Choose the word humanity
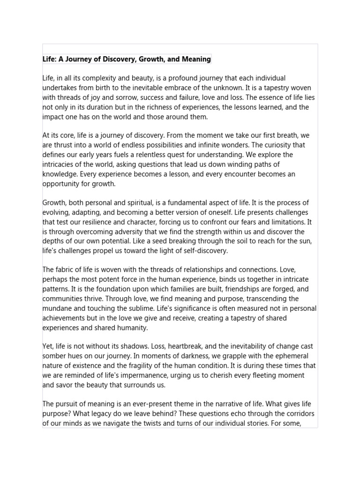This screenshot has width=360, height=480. pyautogui.click(x=132, y=328)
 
